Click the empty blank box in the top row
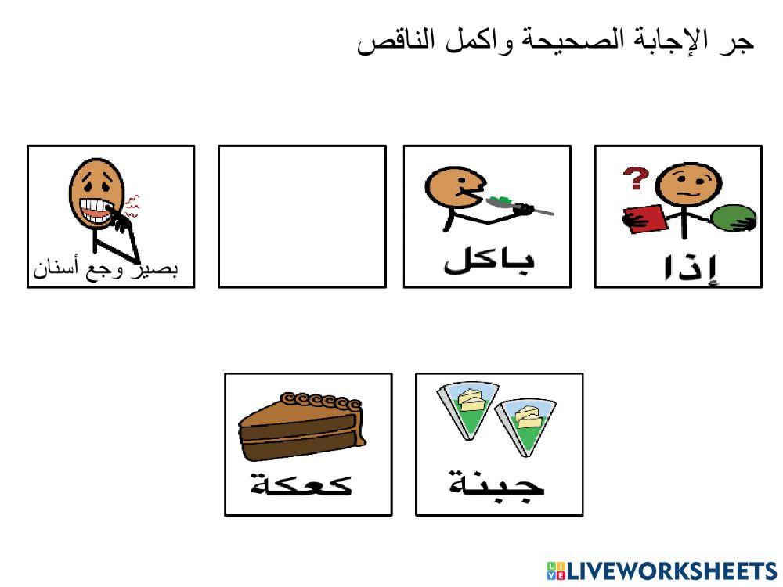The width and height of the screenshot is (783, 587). [302, 216]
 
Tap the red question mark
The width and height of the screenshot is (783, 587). [633, 180]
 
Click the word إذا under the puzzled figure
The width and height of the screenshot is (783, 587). [687, 267]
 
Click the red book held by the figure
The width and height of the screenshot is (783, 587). [644, 216]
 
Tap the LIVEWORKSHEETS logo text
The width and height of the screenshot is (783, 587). [671, 571]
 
